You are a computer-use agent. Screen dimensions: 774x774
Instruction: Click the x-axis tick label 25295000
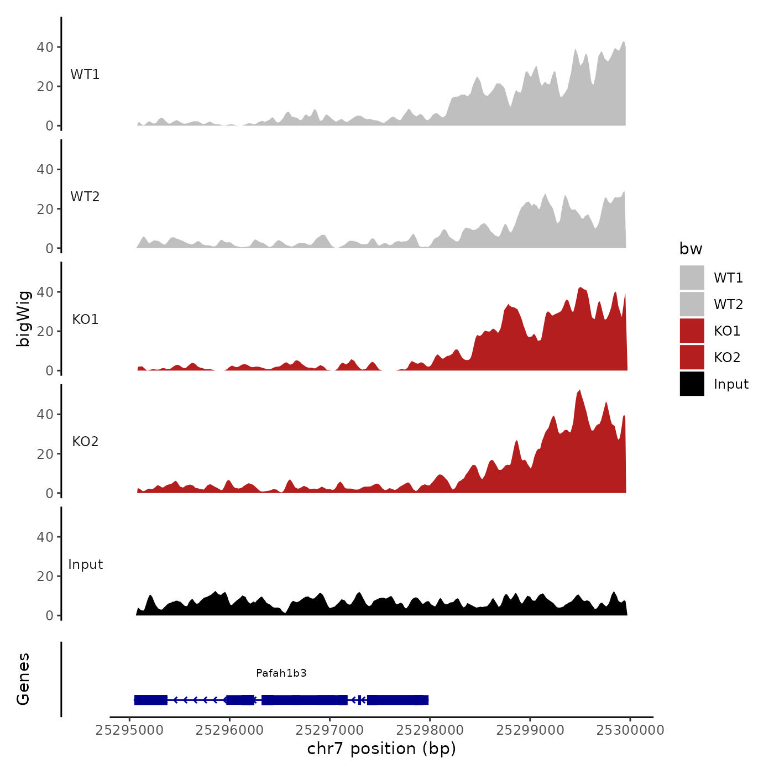tap(129, 730)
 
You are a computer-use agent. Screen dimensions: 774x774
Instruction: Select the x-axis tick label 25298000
tap(430, 730)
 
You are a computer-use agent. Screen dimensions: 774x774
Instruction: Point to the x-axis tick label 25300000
tap(630, 730)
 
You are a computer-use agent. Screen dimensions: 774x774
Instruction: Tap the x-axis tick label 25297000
tap(330, 730)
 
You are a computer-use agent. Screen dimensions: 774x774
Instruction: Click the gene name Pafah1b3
tap(281, 673)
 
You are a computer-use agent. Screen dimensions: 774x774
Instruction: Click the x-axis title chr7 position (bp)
tap(381, 749)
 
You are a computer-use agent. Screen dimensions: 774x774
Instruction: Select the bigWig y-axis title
tap(23, 318)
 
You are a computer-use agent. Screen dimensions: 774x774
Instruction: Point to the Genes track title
tap(23, 679)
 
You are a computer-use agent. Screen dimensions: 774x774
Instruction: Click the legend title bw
tap(691, 249)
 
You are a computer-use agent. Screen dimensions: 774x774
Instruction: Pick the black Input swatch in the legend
tap(692, 384)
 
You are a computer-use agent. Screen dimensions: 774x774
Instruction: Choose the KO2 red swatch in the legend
tap(692, 357)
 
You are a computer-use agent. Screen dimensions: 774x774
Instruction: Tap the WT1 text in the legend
tap(728, 278)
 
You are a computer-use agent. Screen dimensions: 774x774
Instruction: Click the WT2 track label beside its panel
tap(85, 197)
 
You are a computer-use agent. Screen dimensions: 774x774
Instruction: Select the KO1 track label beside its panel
tap(85, 320)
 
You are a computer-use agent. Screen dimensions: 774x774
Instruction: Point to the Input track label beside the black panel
tap(86, 564)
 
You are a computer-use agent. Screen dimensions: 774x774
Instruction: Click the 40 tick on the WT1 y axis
tap(45, 48)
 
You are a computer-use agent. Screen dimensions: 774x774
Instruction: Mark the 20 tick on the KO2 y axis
tap(45, 454)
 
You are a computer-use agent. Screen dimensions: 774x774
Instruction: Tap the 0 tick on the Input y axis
tap(50, 616)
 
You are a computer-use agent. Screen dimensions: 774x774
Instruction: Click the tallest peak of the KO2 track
tap(579, 391)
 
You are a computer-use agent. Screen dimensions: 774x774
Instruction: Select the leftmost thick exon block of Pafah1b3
tap(151, 700)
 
